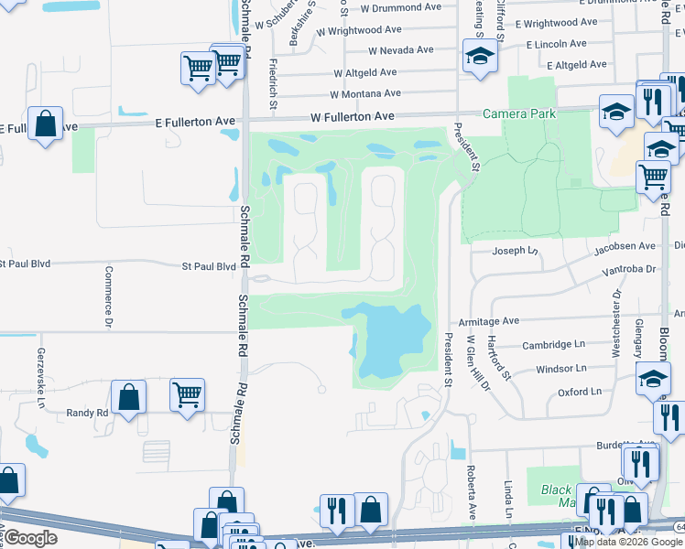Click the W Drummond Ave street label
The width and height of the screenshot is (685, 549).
pos(401,7)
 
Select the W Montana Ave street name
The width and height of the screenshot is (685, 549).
pos(365,93)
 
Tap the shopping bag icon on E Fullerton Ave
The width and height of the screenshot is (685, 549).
pos(45,124)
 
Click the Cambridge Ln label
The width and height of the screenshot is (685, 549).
pos(553,344)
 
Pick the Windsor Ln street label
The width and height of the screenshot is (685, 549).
pos(560,368)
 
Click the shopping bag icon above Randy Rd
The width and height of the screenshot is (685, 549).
pos(129,398)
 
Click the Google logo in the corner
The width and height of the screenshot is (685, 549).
pos(30,538)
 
